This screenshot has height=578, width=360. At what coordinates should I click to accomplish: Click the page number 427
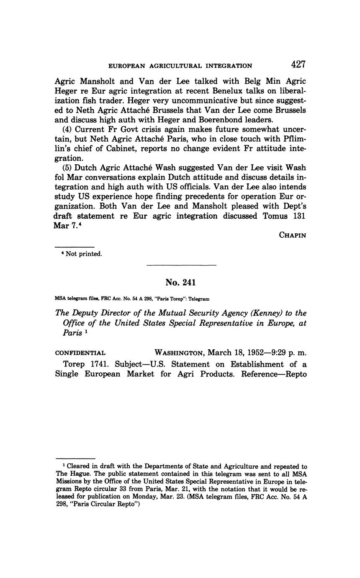point(298,65)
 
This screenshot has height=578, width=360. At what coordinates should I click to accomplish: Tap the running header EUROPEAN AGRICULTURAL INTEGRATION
point(180,66)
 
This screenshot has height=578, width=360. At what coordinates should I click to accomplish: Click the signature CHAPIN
point(292,235)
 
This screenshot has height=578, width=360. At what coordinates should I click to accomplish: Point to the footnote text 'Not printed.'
point(84,254)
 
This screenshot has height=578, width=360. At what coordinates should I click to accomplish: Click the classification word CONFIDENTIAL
point(80,353)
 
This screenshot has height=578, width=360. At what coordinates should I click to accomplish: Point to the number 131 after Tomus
point(299,216)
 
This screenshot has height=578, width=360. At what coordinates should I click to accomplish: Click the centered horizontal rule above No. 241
point(181,265)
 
